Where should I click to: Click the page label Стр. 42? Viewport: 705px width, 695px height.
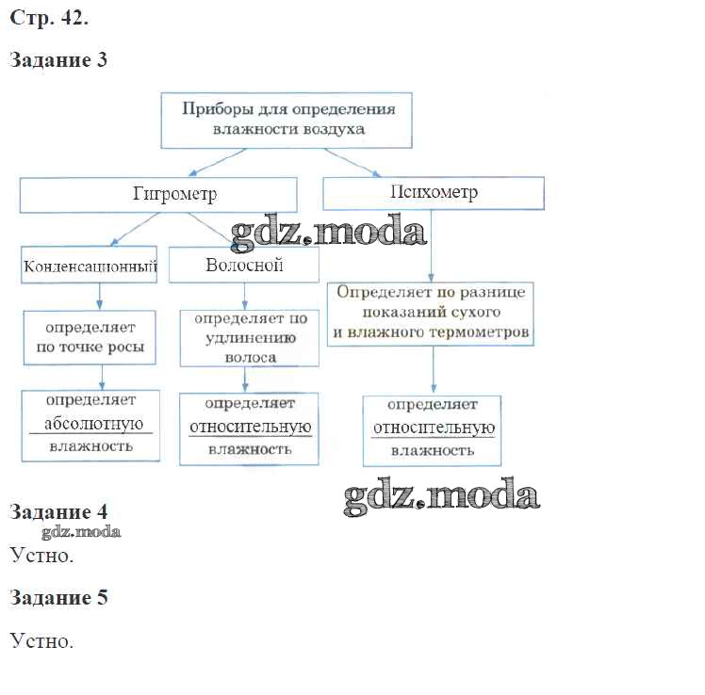[x=49, y=18]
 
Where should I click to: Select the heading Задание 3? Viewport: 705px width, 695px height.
[x=58, y=61]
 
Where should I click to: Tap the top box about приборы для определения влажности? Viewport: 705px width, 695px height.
[x=287, y=119]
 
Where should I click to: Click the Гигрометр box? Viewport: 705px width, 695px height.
[x=158, y=195]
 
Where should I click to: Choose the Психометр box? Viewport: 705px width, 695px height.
[x=434, y=193]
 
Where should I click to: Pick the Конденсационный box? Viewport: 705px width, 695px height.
[x=90, y=267]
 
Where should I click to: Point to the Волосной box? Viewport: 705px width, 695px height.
[x=244, y=266]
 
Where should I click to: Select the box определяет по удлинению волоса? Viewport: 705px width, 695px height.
[x=244, y=338]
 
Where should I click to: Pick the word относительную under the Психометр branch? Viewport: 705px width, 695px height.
[x=433, y=428]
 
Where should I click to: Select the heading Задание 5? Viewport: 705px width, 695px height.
[x=58, y=598]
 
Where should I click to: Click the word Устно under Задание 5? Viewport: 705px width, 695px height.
[x=41, y=641]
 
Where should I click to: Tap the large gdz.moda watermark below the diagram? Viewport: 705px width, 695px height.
[x=441, y=495]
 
